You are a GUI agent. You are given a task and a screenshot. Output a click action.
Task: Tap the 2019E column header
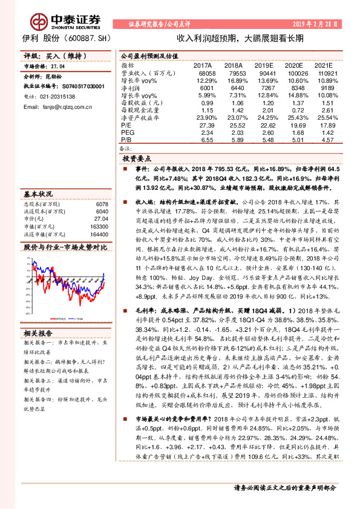(x=263, y=65)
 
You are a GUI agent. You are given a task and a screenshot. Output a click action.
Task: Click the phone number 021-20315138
(x=54, y=96)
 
